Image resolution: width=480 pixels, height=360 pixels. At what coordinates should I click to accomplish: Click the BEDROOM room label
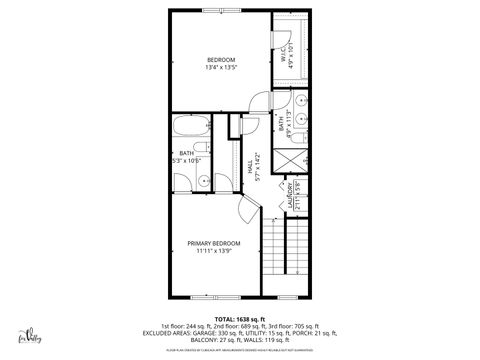point(220,61)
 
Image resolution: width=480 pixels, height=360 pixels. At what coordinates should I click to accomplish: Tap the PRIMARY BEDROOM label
point(213,243)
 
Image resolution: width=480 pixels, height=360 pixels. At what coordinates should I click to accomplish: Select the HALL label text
point(252,158)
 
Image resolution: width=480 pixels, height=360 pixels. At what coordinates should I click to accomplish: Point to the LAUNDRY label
point(290,190)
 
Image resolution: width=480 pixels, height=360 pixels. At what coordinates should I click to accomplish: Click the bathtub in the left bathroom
point(189,128)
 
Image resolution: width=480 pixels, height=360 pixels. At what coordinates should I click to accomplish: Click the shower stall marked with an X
point(286,161)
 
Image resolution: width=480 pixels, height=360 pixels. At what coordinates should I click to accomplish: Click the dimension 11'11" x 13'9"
point(213,251)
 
